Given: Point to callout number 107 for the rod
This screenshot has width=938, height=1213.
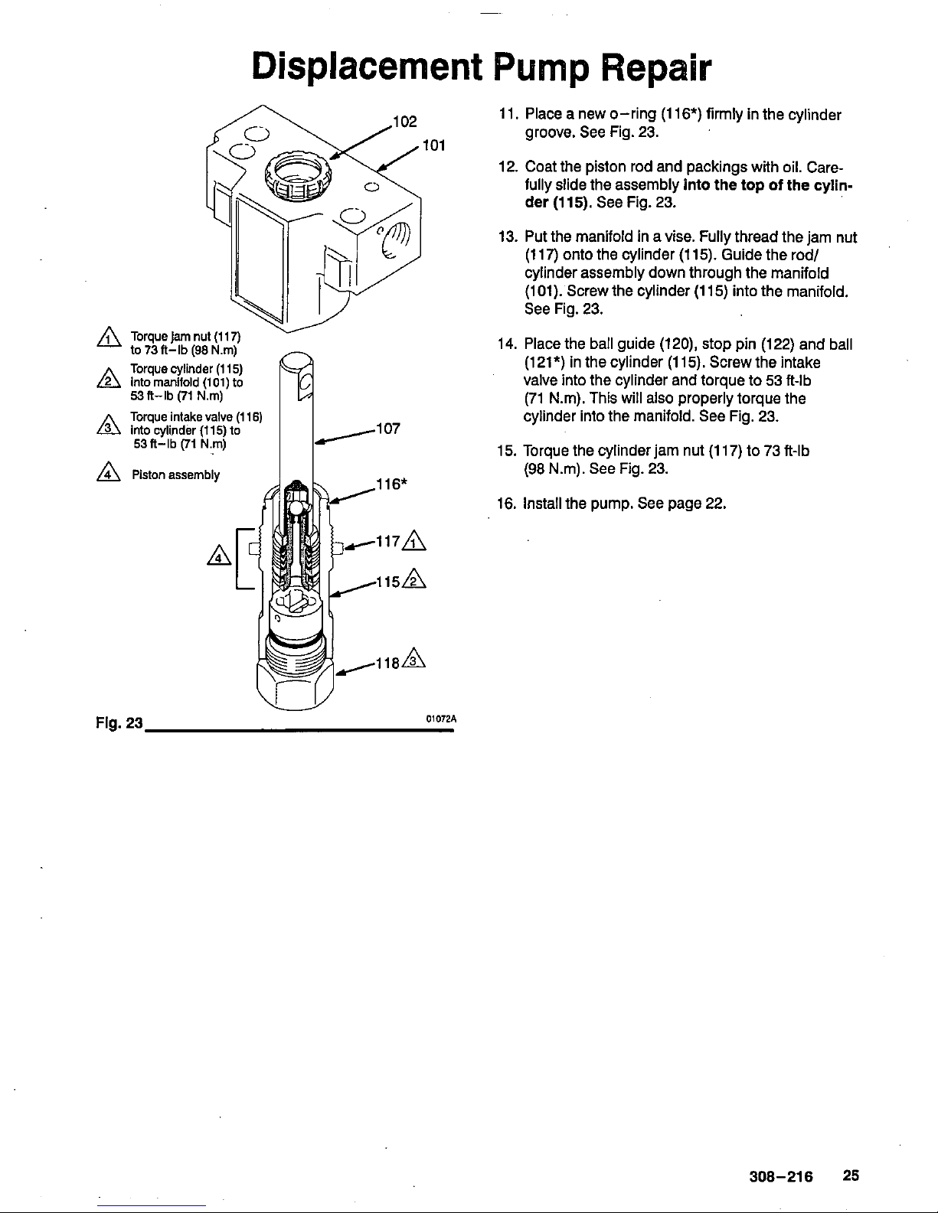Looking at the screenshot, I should [x=388, y=429].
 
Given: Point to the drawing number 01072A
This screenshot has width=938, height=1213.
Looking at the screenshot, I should [x=441, y=719].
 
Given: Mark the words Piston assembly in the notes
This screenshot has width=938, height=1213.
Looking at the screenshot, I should [x=176, y=475].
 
